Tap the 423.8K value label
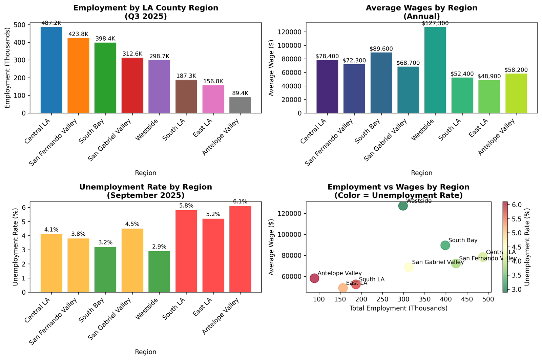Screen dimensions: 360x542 [x=78, y=34]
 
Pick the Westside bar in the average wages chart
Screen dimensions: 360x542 [x=435, y=70]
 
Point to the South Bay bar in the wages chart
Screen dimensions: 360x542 [x=381, y=83]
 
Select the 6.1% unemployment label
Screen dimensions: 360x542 [x=240, y=202]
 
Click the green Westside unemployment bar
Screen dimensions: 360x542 [x=159, y=271]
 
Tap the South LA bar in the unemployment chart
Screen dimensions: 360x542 [x=186, y=251]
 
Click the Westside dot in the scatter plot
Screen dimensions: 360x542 [x=403, y=206]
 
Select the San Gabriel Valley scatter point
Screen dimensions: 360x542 [x=409, y=267]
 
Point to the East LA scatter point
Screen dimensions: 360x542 [x=343, y=288]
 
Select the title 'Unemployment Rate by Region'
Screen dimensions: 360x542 [x=146, y=187]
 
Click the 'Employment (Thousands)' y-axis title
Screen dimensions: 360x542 [x=8, y=68]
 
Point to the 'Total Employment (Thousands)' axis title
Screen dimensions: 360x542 [x=398, y=308]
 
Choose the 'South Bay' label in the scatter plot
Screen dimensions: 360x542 [x=462, y=240]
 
